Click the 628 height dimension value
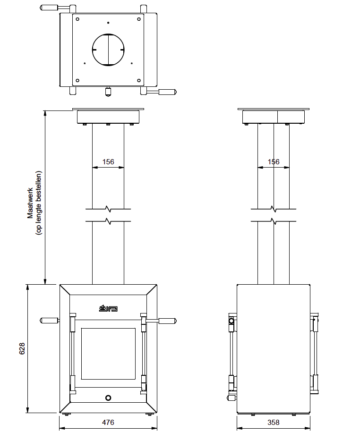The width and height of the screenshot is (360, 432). pyautogui.click(x=22, y=348)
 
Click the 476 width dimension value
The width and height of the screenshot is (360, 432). pyautogui.click(x=108, y=423)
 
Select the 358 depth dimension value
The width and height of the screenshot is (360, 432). pyautogui.click(x=274, y=423)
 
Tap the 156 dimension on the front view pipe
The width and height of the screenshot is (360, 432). pyautogui.click(x=108, y=161)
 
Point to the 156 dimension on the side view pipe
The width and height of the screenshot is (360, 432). pyautogui.click(x=274, y=161)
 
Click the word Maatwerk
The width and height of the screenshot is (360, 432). pyautogui.click(x=30, y=203)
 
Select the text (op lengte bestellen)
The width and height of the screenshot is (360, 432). pyautogui.click(x=39, y=203)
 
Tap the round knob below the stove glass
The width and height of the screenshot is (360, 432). pyautogui.click(x=108, y=398)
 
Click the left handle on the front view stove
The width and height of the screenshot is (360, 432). pyautogui.click(x=49, y=320)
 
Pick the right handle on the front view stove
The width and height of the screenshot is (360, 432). pyautogui.click(x=167, y=321)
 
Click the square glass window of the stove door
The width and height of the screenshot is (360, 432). pyautogui.click(x=108, y=354)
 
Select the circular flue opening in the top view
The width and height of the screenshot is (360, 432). pyautogui.click(x=108, y=50)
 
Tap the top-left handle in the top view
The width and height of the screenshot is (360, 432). pyautogui.click(x=50, y=8)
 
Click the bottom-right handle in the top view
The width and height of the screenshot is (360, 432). pyautogui.click(x=167, y=92)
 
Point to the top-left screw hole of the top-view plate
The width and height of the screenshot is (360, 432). pyautogui.click(x=77, y=19)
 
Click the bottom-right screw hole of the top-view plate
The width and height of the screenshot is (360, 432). pyautogui.click(x=139, y=80)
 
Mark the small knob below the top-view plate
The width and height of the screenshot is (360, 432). pyautogui.click(x=108, y=91)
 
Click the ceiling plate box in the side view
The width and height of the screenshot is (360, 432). pyautogui.click(x=274, y=117)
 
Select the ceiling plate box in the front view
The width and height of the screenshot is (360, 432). pyautogui.click(x=108, y=117)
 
